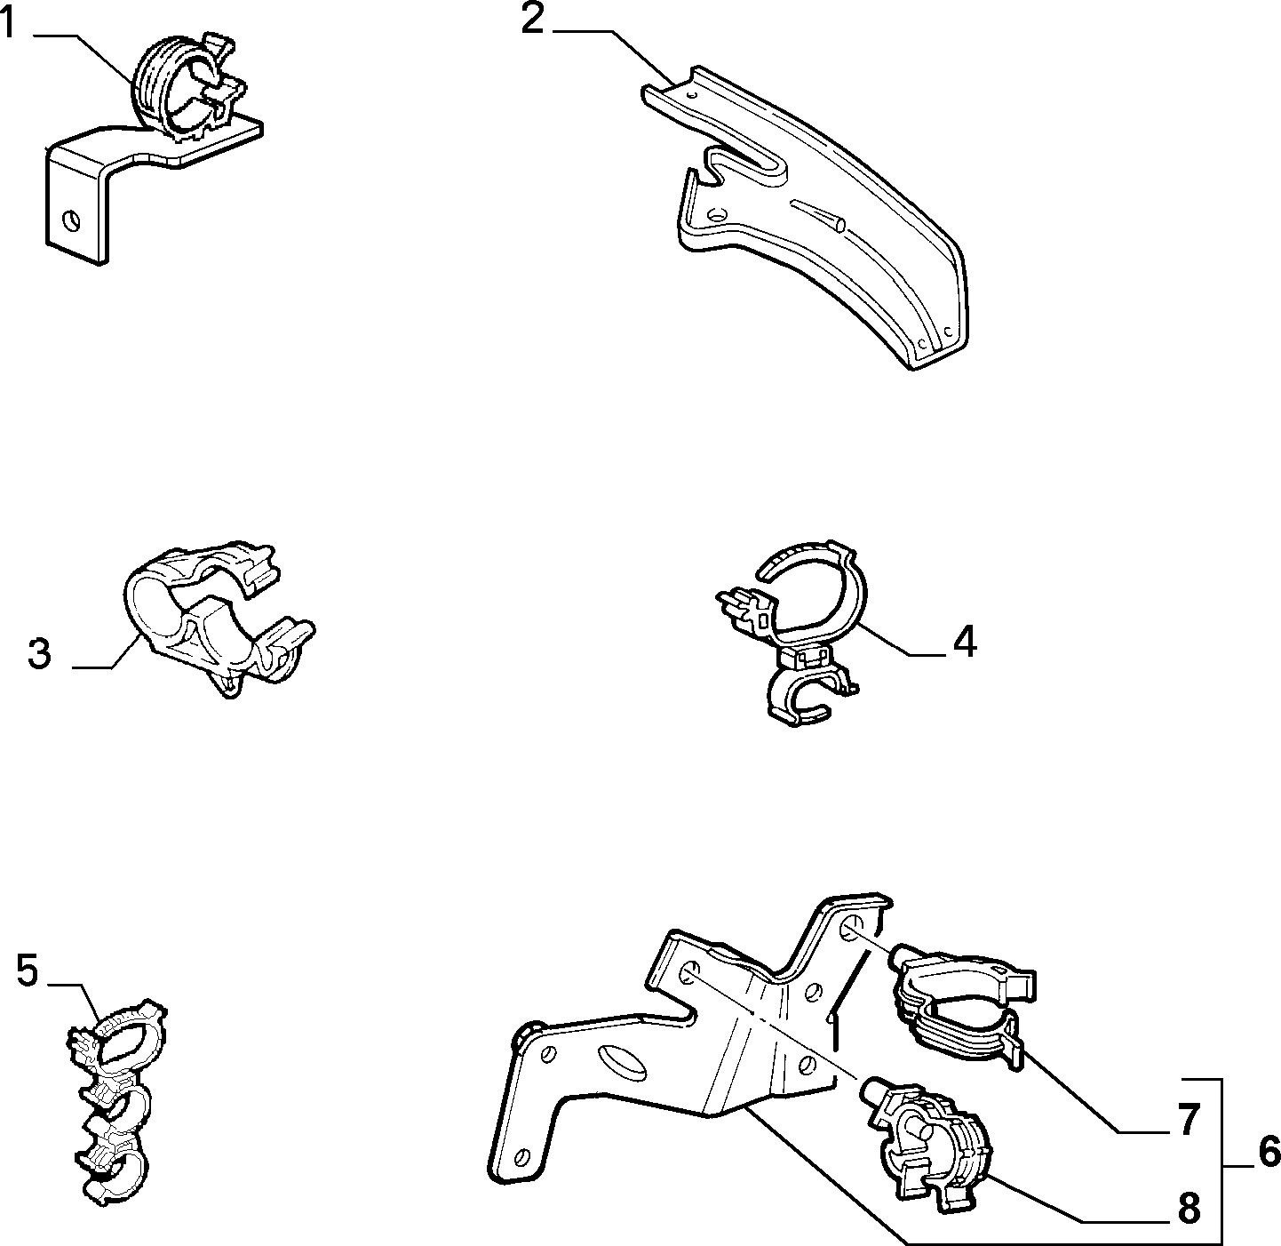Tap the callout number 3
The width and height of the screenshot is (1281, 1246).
[39, 654]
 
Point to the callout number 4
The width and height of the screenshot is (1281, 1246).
[965, 641]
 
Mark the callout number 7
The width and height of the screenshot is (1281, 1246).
[1189, 1119]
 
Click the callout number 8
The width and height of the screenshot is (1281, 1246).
[1189, 1209]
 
